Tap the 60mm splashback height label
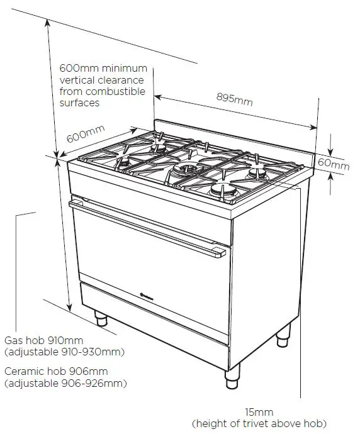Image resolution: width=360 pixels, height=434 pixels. [333, 164]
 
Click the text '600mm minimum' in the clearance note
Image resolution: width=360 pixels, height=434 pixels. [103, 68]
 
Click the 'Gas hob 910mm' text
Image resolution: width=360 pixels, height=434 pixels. [43, 340]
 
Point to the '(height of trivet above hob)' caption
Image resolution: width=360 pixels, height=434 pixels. [259, 423]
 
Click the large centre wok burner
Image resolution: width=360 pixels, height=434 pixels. [187, 169]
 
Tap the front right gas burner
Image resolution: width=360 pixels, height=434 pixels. [223, 191]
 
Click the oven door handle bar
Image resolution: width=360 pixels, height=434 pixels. [148, 228]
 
